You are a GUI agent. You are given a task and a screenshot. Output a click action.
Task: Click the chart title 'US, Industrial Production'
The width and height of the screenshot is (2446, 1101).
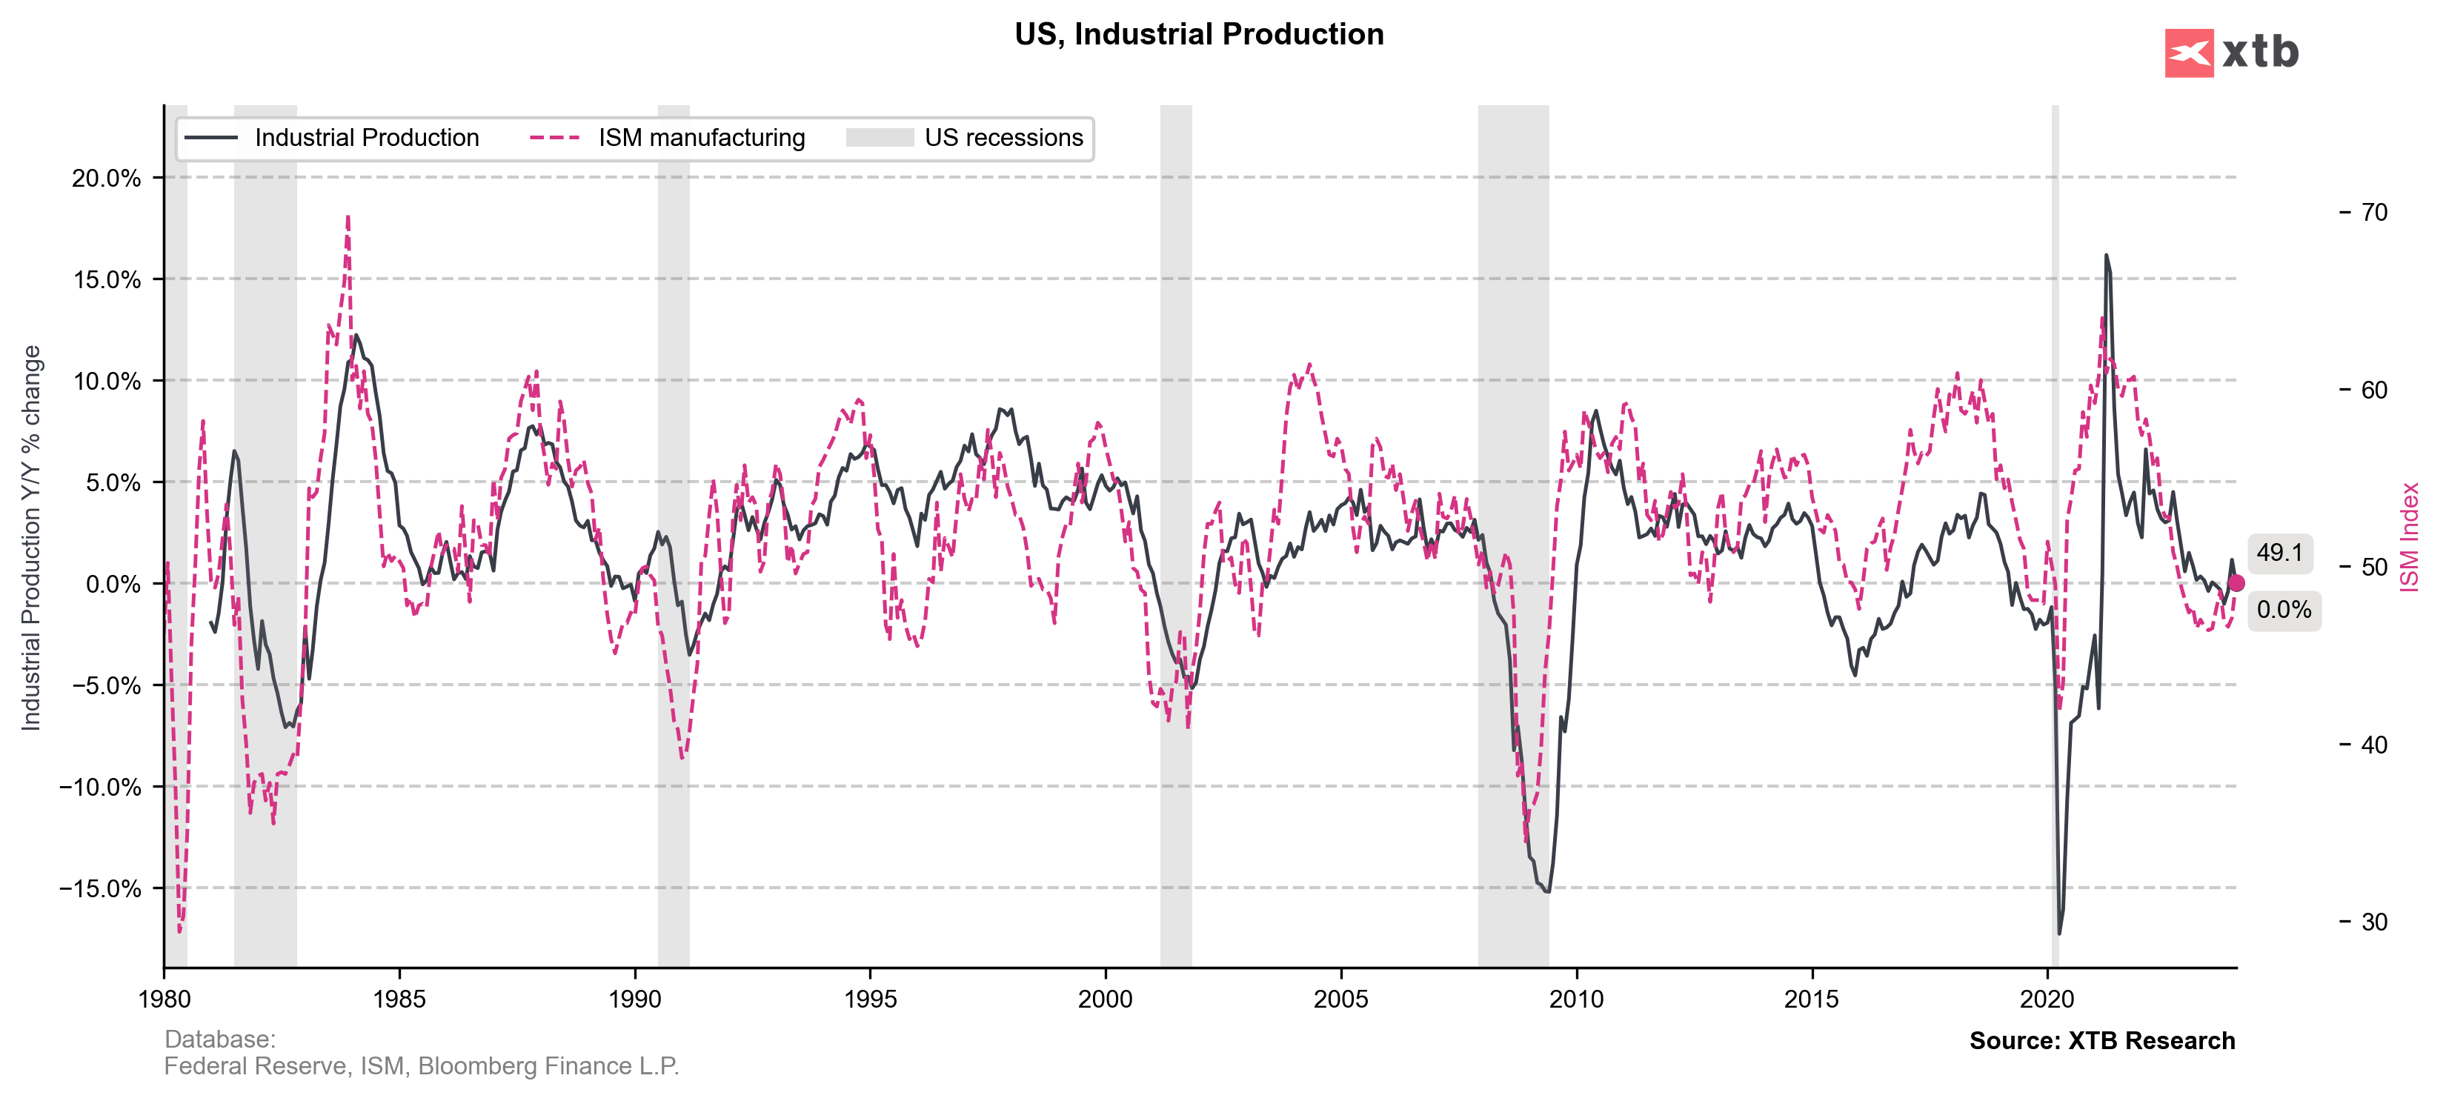pos(1198,34)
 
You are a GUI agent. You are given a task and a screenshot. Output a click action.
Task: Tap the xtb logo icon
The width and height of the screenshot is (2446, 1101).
pos(2189,53)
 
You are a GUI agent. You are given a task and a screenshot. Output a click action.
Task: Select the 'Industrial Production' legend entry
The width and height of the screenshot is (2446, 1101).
pos(367,139)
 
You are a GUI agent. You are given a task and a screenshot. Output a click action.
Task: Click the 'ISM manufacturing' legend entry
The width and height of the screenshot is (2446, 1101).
pos(701,139)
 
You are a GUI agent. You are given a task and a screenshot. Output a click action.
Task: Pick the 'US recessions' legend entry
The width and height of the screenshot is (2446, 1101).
pos(1003,139)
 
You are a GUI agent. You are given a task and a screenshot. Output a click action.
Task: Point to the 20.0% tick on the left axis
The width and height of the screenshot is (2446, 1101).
pos(107,179)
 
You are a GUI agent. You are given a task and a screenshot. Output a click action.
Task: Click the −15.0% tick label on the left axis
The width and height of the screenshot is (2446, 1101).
pos(100,888)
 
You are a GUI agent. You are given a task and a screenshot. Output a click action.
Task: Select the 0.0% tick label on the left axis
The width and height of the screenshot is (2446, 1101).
pos(113,584)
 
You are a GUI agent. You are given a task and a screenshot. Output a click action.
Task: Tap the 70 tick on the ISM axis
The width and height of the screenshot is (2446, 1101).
pos(2374,213)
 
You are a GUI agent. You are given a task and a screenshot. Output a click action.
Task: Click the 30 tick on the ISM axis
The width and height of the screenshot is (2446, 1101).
pos(2374,922)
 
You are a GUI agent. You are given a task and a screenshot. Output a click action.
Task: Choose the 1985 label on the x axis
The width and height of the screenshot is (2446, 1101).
pos(399,999)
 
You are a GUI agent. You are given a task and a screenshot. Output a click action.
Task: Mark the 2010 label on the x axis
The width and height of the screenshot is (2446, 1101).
pos(1576,999)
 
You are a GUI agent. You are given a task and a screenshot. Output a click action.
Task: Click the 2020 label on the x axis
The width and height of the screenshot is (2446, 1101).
pos(2047,999)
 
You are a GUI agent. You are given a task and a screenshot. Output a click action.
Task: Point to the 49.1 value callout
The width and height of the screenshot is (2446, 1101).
pos(2280,553)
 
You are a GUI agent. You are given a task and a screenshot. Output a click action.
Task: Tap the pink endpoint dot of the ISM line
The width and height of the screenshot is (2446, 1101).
pos(2236,583)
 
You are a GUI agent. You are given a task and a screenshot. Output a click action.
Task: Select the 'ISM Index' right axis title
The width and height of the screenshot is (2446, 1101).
pos(2409,537)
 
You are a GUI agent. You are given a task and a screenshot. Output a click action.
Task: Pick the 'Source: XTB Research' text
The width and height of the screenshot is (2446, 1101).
pos(2101,1040)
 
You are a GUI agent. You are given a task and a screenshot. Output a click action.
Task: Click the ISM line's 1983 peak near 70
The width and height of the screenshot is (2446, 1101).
pos(348,219)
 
